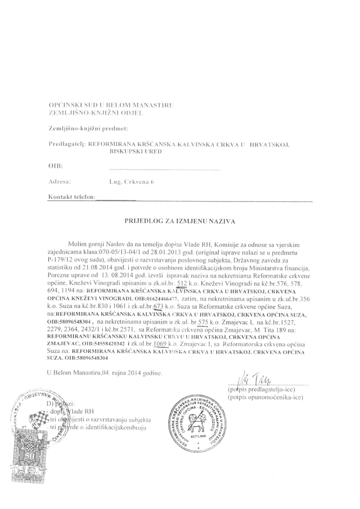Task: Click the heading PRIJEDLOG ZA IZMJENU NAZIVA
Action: tap(180, 219)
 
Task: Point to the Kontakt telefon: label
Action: tap(71, 197)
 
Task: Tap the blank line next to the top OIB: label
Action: tap(164, 169)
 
